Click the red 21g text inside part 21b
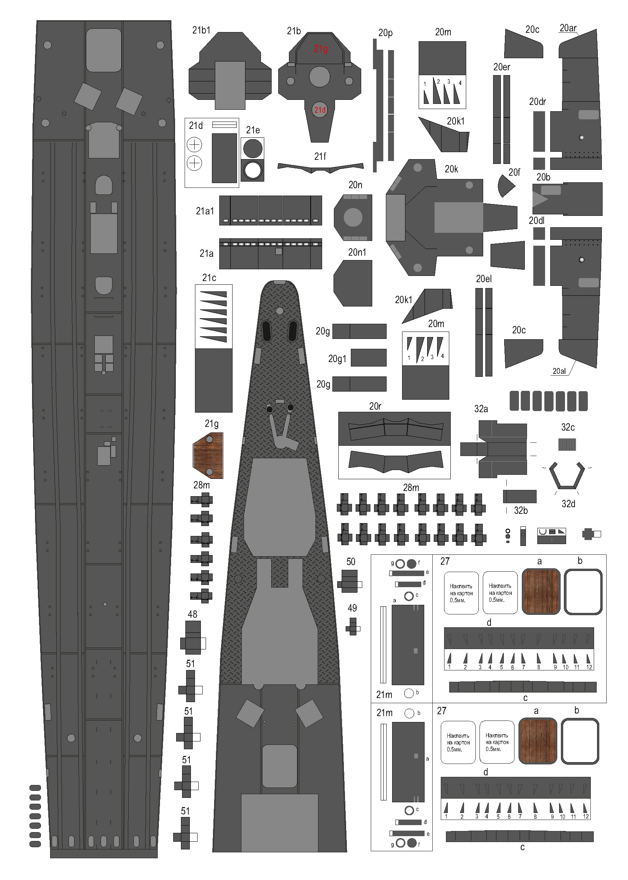pos(320,49)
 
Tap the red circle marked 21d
pos(320,110)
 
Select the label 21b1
pos(201,30)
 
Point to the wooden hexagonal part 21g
pos(208,456)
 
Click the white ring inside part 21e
pos(253,171)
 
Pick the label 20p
pos(385,33)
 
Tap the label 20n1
pos(357,252)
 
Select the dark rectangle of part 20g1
pos(369,357)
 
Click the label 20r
pos(375,406)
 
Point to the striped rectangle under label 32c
pos(567,445)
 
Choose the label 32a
pos(481,409)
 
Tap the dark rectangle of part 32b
pos(520,497)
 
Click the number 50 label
pos(351,561)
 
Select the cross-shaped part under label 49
pos(353,627)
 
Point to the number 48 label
pos(193,614)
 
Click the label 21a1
pos(205,211)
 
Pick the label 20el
pos(484,278)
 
